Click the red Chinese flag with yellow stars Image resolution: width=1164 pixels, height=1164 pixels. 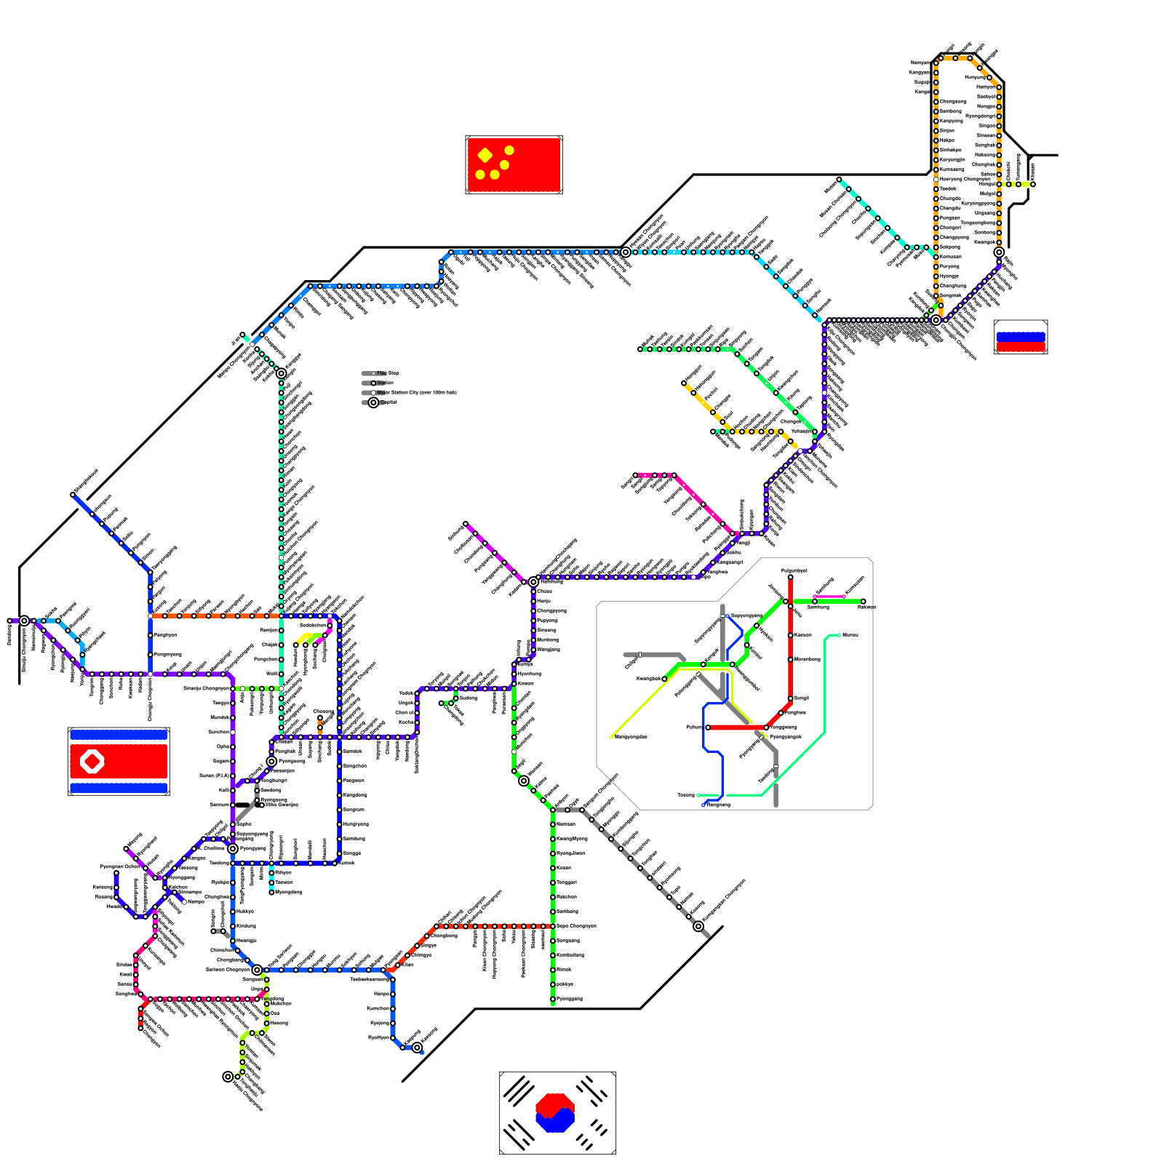(x=514, y=165)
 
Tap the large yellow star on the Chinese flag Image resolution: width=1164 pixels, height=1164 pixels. (x=485, y=155)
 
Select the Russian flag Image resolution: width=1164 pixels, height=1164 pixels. (x=1021, y=337)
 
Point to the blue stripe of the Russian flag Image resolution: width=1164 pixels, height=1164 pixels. (x=1021, y=337)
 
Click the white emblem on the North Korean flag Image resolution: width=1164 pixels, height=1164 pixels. (x=92, y=761)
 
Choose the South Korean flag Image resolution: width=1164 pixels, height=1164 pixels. (x=558, y=1112)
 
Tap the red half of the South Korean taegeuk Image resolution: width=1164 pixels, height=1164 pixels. (x=554, y=1104)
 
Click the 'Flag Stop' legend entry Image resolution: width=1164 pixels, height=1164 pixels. (x=388, y=373)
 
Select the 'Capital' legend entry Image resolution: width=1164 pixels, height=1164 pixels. (x=388, y=402)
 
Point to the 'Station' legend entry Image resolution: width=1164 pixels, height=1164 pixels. (x=385, y=383)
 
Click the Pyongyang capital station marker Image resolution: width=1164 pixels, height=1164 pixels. (x=233, y=848)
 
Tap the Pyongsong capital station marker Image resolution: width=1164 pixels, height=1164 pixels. (x=271, y=761)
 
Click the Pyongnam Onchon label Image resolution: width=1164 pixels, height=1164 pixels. (x=119, y=866)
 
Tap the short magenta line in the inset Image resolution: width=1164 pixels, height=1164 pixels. (x=829, y=597)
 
